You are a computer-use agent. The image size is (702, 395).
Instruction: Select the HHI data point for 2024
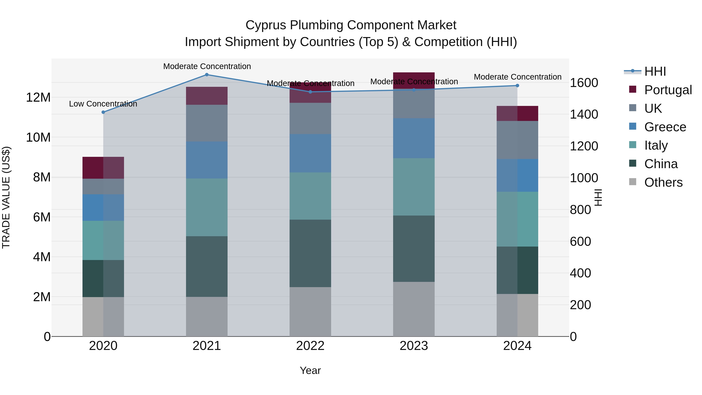tap(517, 86)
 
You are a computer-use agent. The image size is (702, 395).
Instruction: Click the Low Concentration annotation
tap(103, 104)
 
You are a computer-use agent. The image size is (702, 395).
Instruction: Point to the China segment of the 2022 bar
tap(310, 253)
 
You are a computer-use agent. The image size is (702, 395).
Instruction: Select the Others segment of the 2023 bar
tap(414, 309)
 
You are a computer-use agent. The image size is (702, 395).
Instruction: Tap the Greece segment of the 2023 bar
tap(414, 138)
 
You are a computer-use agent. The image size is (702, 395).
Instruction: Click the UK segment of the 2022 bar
tap(310, 118)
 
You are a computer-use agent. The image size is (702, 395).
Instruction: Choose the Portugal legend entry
tap(668, 90)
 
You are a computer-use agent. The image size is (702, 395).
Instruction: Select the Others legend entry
tap(663, 182)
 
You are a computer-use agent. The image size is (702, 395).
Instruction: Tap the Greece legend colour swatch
tap(633, 126)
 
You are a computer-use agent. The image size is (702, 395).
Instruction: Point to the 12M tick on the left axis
tap(38, 98)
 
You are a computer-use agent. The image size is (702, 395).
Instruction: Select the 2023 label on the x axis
tap(414, 346)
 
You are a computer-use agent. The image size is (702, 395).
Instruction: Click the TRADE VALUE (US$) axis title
tap(6, 197)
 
